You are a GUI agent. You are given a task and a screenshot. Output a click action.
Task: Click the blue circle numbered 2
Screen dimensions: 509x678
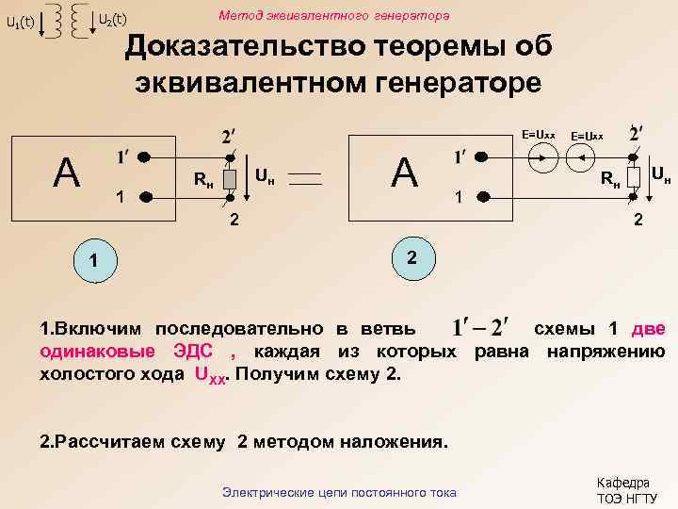coord(412,259)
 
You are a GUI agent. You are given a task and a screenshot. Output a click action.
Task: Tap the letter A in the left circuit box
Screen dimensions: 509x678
coord(66,172)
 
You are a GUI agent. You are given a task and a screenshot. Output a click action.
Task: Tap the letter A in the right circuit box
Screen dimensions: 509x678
coord(405,172)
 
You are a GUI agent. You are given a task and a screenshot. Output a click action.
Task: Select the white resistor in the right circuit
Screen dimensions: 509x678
coord(634,175)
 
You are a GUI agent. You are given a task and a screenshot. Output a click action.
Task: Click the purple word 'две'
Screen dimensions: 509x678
coord(648,328)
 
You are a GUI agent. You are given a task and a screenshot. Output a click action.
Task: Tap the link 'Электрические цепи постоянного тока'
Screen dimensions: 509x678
coord(338,491)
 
